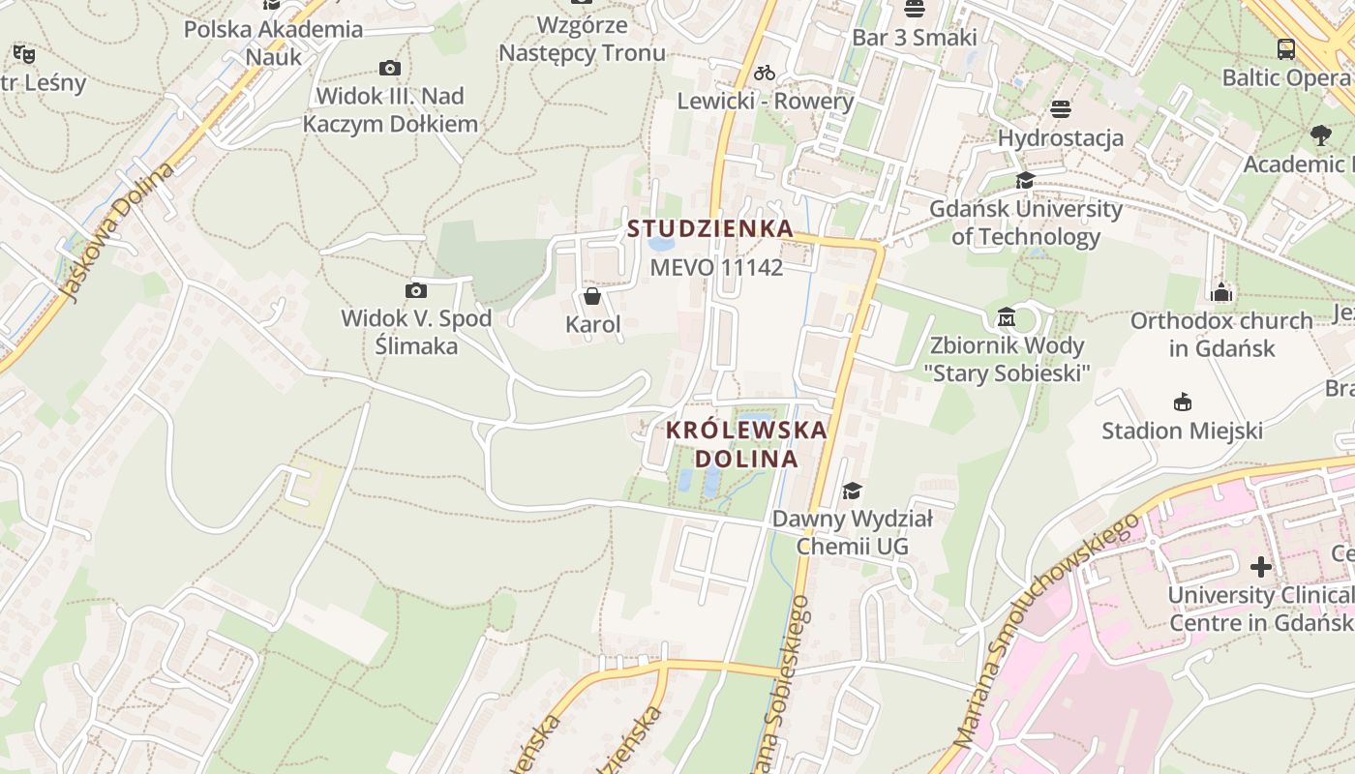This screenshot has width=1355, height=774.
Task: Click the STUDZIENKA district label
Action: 709,229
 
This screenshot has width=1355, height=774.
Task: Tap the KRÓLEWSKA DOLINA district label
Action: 746,444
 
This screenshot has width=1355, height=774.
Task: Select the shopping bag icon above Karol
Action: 592,296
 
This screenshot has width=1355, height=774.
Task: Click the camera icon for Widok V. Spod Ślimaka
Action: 416,290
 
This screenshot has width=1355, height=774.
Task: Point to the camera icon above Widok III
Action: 390,68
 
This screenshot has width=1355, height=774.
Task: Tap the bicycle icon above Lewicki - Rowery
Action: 765,73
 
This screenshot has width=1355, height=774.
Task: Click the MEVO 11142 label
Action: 715,267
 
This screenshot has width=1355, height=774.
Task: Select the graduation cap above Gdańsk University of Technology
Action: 1025,180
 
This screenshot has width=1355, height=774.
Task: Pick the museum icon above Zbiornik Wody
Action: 1007,317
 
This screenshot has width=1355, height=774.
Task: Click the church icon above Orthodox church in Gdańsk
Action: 1221,292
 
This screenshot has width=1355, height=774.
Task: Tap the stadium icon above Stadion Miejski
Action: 1182,402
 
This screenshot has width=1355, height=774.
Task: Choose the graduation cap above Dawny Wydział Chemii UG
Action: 852,491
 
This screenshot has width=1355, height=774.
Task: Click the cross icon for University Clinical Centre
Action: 1260,566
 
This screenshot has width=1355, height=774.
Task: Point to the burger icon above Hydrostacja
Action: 1061,109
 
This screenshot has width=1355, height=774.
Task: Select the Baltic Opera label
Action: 1285,77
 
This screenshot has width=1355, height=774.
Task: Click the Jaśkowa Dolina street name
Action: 116,232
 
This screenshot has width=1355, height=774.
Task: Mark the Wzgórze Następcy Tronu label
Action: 582,39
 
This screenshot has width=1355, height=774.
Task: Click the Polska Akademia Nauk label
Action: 274,43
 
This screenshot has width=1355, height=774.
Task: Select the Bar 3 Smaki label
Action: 915,38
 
